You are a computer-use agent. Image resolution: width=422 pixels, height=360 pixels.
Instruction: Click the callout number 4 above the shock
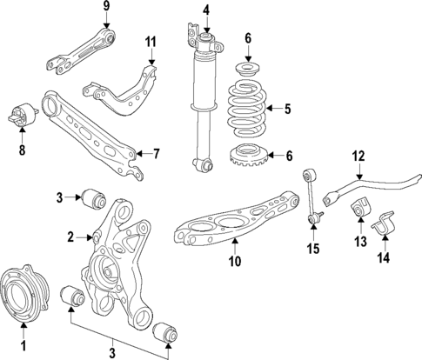point(205,10)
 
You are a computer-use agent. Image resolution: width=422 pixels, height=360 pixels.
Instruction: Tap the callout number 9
point(106,9)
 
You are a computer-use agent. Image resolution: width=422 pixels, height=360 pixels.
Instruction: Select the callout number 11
point(150,41)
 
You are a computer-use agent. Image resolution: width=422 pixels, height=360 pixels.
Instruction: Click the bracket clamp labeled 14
point(385,230)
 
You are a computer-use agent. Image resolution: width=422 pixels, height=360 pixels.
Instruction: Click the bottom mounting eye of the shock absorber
point(204,164)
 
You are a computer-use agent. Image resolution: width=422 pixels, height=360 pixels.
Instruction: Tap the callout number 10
point(234,261)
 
